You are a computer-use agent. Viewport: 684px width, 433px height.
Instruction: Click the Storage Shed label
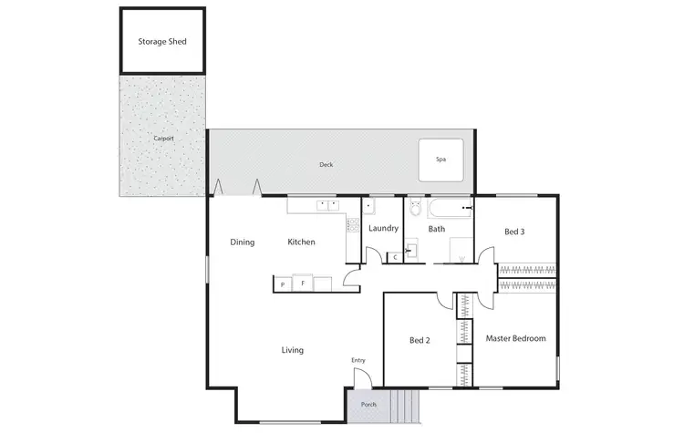point(162,42)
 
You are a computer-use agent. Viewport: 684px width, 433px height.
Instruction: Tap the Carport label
point(163,138)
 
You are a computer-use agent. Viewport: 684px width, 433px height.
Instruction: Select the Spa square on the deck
point(440,160)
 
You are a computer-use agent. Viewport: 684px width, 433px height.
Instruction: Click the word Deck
point(326,165)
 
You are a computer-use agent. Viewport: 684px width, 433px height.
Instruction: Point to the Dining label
point(242,242)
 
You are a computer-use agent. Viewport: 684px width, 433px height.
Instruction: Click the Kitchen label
point(302,242)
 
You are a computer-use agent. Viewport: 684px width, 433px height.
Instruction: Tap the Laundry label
point(383,229)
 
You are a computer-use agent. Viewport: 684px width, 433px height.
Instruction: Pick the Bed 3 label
point(514,232)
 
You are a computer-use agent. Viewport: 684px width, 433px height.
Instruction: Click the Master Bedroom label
point(515,339)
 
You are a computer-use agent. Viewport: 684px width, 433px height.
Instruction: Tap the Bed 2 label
point(420,341)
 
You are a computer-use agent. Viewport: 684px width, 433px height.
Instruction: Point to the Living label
point(292,350)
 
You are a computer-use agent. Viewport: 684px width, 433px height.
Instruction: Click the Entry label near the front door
point(358,361)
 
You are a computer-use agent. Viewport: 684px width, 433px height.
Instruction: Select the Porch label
point(368,405)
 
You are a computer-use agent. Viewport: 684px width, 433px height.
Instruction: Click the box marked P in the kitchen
point(283,284)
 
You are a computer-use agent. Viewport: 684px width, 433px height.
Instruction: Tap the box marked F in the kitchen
point(303,284)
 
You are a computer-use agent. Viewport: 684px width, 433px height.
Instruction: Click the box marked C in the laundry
point(395,258)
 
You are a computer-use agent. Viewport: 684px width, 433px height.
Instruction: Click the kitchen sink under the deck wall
point(327,204)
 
